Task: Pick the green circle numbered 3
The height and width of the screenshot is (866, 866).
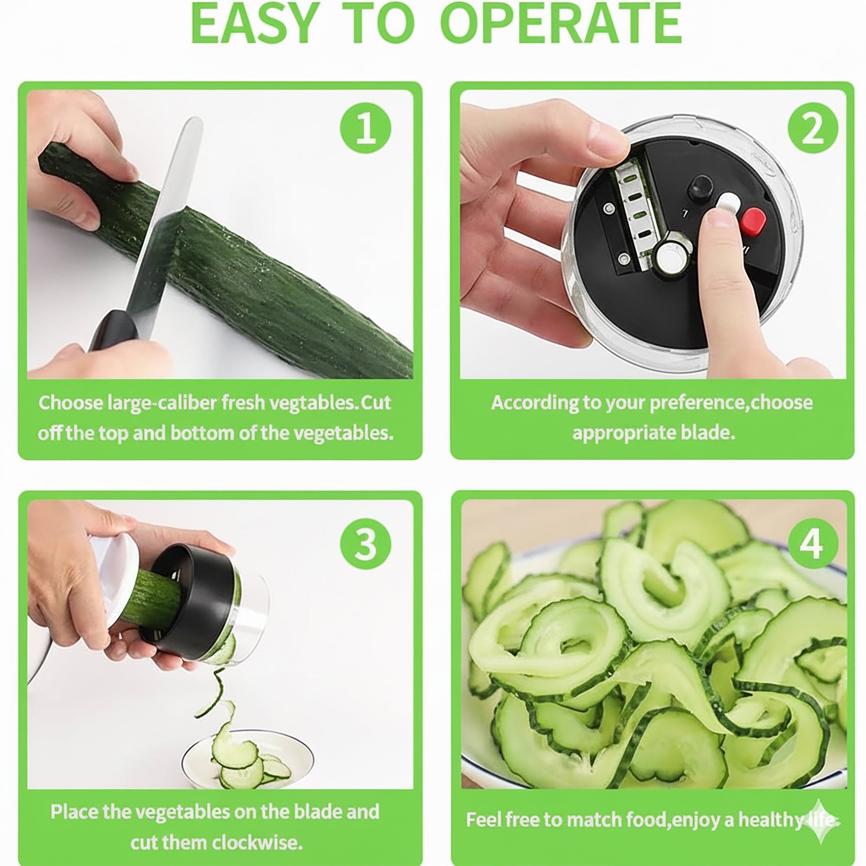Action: coord(365,545)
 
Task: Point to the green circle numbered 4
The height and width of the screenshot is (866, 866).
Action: coord(813,544)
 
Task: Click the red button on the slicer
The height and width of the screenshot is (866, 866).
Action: coord(753,222)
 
